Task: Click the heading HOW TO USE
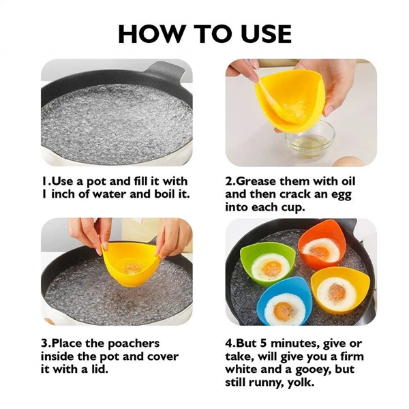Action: [204, 32]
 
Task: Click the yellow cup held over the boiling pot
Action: [129, 259]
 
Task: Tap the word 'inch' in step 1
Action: [64, 194]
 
